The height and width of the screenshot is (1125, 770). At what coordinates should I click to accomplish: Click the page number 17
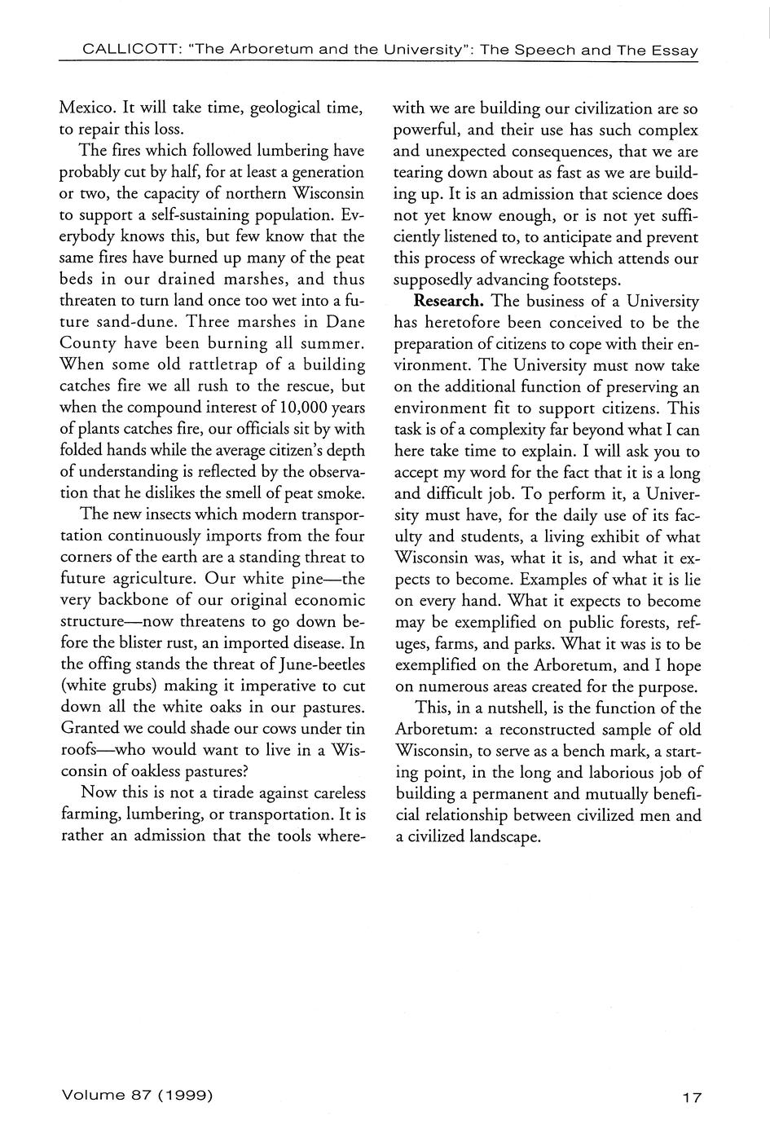(x=692, y=1097)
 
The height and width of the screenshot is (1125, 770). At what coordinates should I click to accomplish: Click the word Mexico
(x=87, y=108)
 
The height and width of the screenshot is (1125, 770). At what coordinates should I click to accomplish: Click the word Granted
(x=91, y=728)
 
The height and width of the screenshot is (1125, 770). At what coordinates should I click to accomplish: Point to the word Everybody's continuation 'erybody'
(x=89, y=236)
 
